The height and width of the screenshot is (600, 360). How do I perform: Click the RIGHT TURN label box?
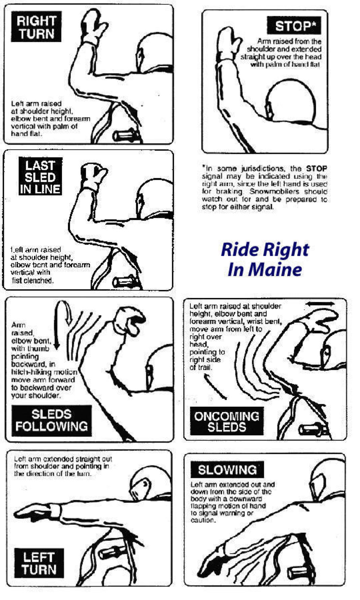[36, 27]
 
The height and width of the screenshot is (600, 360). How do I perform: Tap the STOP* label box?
[294, 26]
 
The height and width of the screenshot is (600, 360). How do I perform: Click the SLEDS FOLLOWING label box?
[51, 421]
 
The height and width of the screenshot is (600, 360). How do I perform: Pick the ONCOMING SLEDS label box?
[227, 421]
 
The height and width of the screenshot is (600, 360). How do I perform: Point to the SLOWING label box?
[227, 470]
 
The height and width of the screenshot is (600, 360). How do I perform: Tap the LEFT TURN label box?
[39, 563]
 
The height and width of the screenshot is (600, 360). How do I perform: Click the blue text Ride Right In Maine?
[265, 259]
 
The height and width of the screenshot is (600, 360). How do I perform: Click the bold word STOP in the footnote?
[316, 168]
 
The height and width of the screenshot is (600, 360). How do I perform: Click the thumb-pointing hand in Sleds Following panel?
[130, 320]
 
